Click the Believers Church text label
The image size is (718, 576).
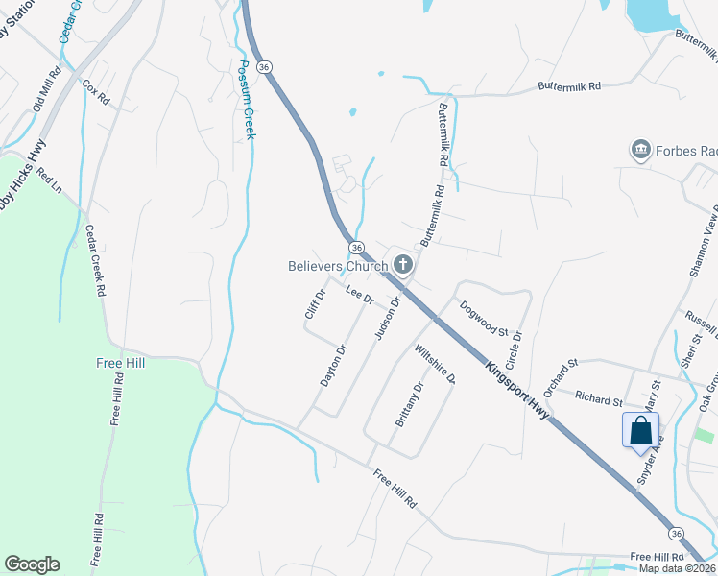pyautogui.click(x=337, y=266)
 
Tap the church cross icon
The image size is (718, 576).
pyautogui.click(x=403, y=265)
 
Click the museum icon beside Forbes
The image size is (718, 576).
pyautogui.click(x=640, y=150)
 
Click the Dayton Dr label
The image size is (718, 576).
pyautogui.click(x=332, y=366)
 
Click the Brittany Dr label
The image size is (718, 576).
pyautogui.click(x=410, y=405)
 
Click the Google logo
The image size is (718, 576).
pyautogui.click(x=32, y=564)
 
